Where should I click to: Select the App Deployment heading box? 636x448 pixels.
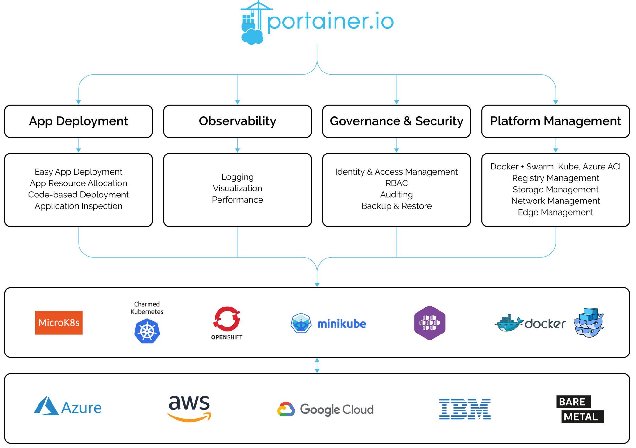79,121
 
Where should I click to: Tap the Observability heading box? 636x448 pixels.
238,121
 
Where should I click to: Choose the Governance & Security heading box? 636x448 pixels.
397,121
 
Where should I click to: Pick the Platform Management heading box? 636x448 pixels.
556,121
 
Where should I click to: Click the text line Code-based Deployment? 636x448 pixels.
79,195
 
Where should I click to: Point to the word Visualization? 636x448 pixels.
238,188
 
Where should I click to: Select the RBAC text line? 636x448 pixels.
397,183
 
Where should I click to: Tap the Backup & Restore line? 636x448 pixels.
397,206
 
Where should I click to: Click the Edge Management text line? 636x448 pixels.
556,212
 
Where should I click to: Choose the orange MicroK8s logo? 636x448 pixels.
59,323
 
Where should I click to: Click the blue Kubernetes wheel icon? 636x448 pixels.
147,332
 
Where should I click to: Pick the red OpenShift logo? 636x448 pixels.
227,319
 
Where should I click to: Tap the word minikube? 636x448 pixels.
342,324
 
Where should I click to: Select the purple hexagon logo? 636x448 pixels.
430,323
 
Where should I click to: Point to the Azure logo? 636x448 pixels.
68,407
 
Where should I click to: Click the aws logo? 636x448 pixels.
190,408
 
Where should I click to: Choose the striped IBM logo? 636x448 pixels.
465,409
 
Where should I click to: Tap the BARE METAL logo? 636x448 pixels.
580,409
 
